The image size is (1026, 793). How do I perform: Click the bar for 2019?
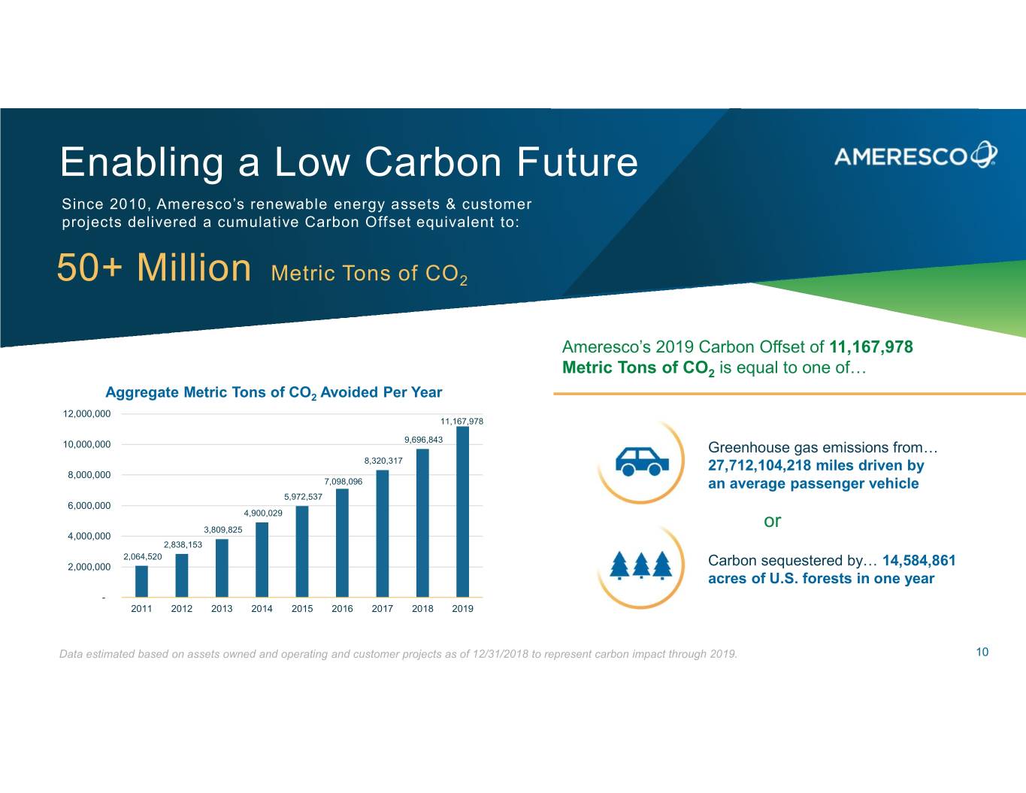tap(462, 512)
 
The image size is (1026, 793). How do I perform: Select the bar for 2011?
tap(141, 581)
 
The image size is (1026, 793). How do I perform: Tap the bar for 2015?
tap(302, 552)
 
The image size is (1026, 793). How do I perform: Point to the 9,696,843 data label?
tap(423, 440)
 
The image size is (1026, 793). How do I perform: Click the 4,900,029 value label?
tap(263, 513)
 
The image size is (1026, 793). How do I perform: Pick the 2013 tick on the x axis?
tap(222, 609)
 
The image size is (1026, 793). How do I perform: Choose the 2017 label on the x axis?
tap(382, 609)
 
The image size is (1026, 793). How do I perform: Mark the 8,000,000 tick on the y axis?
tap(89, 475)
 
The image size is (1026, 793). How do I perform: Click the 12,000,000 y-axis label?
tap(86, 414)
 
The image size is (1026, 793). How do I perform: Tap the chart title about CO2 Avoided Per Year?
tap(274, 392)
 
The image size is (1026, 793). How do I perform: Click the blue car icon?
tap(642, 460)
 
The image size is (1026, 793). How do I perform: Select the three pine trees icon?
tap(640, 566)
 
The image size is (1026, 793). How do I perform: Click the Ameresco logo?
tap(915, 155)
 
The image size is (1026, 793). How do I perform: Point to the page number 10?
tap(982, 652)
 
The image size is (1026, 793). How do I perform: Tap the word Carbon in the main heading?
tap(435, 162)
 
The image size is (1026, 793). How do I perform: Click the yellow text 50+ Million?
tap(154, 268)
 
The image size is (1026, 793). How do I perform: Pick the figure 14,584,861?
tap(919, 561)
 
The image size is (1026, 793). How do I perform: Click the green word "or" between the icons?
tap(772, 521)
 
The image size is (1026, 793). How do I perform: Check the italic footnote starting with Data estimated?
tap(398, 654)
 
